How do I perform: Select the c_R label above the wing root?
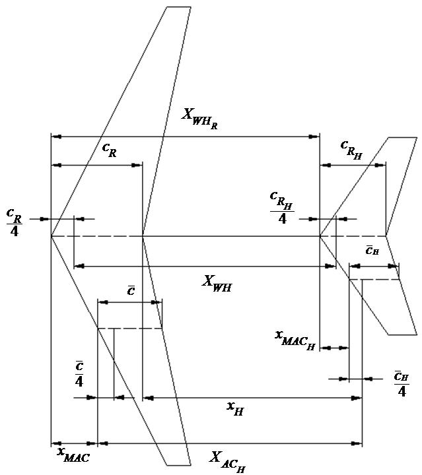tap(110, 150)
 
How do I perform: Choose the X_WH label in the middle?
tap(220, 282)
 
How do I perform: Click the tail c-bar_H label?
tap(372, 251)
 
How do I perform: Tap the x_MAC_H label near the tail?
tap(294, 338)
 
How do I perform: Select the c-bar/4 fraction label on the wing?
tap(79, 373)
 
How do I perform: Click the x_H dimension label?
tap(236, 410)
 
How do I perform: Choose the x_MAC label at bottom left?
tap(73, 454)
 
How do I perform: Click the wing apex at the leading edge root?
tap(52, 236)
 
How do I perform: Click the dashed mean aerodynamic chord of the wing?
tap(129, 328)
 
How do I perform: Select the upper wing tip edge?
tap(178, 7)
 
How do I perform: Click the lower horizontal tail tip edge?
tap(402, 334)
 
